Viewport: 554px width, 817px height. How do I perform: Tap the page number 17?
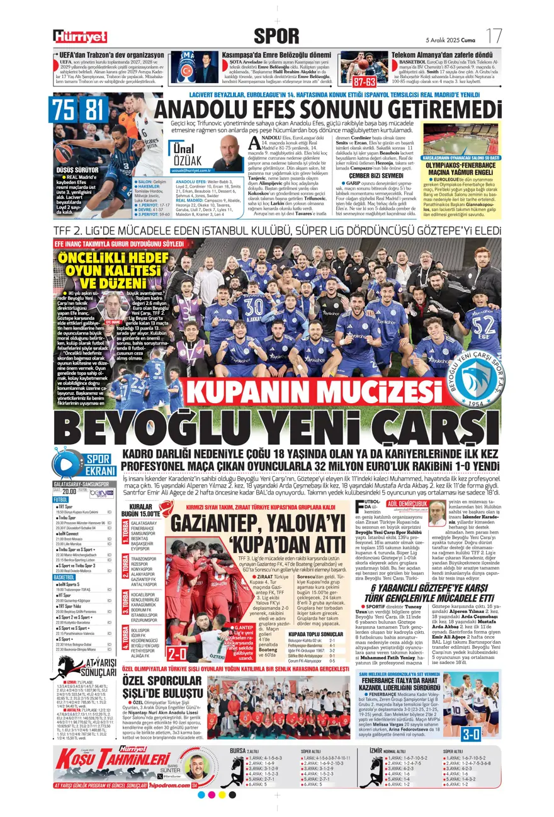(x=494, y=35)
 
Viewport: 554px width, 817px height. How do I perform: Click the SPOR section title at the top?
(x=276, y=36)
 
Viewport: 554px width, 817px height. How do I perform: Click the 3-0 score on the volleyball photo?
(x=488, y=733)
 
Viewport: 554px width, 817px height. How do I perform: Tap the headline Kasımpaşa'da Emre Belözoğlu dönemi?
(x=273, y=55)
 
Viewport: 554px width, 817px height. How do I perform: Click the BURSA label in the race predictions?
(x=237, y=750)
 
